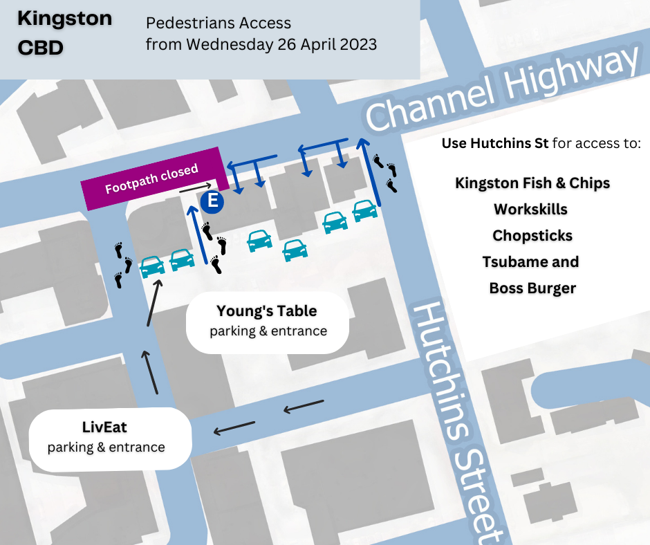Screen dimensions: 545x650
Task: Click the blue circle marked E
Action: coord(213,202)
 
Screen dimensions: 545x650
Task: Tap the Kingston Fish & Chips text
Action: coord(532,183)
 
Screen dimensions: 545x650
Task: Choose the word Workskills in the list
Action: coord(531,209)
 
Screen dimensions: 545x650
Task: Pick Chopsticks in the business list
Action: coord(532,235)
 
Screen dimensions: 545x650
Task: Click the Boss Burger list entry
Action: coord(532,288)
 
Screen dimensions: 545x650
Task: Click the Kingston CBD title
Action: coord(64,33)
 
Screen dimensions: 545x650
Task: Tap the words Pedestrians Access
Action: coord(218,23)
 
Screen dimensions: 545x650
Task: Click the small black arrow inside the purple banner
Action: coord(194,187)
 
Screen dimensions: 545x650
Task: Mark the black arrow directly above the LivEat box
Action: coord(151,373)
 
